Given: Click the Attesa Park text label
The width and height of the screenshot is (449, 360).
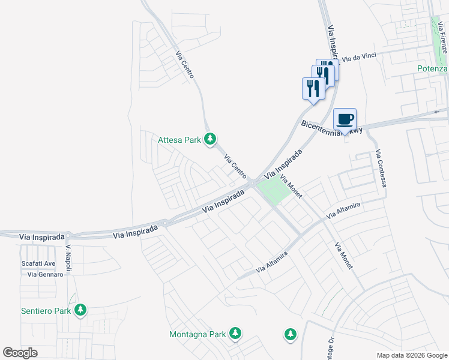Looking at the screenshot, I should (x=179, y=140).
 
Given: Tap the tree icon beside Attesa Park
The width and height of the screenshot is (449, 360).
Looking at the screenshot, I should (x=209, y=139).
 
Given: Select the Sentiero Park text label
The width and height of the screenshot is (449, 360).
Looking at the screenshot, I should (x=46, y=310).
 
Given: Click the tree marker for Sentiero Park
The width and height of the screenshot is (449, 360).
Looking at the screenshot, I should (x=80, y=310).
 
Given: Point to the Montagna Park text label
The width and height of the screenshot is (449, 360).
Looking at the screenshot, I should (x=197, y=334).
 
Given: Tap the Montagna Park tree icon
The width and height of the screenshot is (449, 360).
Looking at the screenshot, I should (x=236, y=333).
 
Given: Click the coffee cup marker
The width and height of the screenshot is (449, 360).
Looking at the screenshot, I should (x=345, y=119).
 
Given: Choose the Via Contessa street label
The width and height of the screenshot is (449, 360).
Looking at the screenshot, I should (x=382, y=169).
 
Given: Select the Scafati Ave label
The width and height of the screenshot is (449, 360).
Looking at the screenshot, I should (x=38, y=263).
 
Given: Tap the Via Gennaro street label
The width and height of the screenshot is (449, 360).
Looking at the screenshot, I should (x=45, y=274).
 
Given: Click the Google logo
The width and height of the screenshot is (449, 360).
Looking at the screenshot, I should (x=20, y=353).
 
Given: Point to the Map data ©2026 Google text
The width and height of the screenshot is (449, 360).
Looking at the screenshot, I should (x=412, y=355).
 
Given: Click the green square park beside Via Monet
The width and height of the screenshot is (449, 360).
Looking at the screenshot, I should (x=274, y=190).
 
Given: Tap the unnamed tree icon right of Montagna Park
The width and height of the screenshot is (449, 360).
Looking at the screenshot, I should (x=290, y=334).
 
